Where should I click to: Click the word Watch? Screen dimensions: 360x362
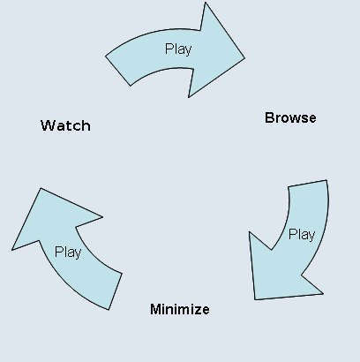65,125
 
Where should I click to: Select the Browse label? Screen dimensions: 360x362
290,118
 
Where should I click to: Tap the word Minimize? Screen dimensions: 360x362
180,309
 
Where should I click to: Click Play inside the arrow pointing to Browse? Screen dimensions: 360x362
178,49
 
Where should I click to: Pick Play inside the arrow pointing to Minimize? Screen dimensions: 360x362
302,235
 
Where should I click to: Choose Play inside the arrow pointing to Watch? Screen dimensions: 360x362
68,253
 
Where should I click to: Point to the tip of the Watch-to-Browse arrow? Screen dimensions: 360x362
244,58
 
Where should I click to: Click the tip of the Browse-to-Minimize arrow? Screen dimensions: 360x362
255,299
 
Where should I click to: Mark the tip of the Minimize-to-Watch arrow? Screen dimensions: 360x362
41,188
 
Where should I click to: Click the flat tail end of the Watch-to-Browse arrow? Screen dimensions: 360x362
117,71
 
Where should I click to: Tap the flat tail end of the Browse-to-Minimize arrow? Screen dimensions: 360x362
307,183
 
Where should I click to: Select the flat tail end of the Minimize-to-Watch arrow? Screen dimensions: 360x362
116,291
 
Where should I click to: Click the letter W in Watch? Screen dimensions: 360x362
48,125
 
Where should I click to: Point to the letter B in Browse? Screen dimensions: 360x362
269,118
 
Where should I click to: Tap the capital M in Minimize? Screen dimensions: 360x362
155,309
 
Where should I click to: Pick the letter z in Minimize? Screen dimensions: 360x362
197,311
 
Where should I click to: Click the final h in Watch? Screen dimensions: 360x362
86,125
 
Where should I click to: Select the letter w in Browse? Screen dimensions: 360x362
290,119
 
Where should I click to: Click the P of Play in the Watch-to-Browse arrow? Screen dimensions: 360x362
169,49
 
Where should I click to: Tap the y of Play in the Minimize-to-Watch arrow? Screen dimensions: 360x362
78,254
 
